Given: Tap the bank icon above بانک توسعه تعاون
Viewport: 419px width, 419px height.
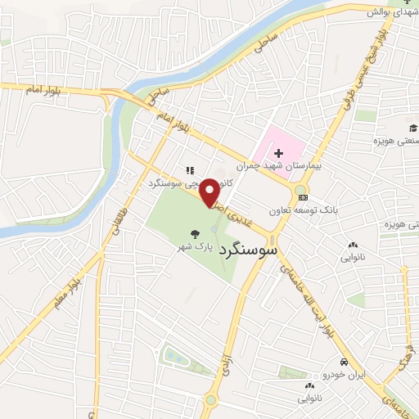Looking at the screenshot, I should pos(304,197).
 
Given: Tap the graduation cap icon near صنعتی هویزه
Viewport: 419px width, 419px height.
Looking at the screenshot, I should pos(414,128).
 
